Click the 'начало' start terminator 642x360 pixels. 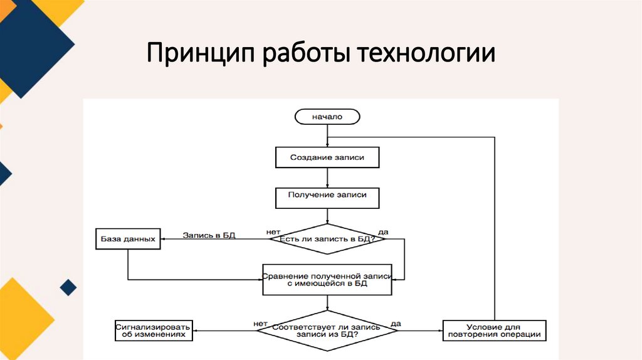327,117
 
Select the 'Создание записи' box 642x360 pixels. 327,157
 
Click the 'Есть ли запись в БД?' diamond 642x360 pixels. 327,239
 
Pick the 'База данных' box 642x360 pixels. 127,239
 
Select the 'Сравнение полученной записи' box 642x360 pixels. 327,279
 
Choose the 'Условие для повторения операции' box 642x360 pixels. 495,330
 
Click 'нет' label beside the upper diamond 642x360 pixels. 273,231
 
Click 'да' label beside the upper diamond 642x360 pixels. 383,231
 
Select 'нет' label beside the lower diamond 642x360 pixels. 261,323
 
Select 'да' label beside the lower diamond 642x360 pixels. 396,323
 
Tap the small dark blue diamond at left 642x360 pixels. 68,288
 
